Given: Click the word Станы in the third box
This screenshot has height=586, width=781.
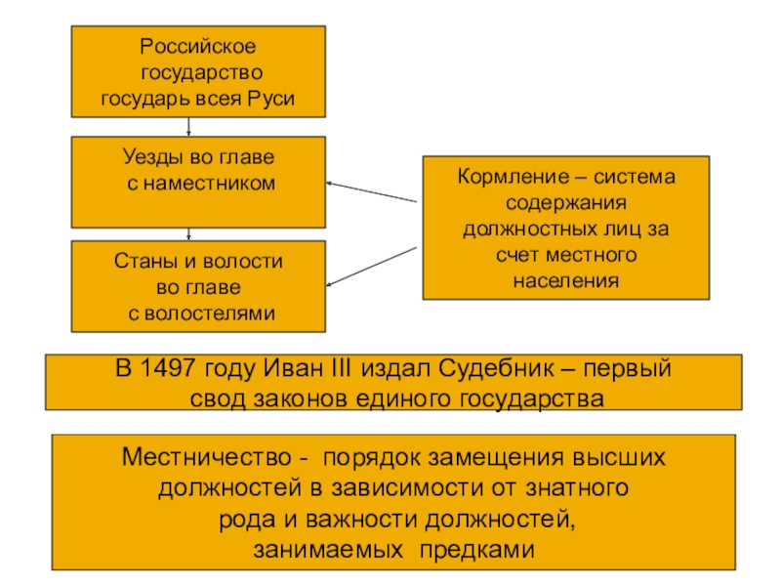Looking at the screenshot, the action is click(143, 263).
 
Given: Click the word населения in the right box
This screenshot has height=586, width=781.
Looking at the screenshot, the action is click(566, 280).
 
